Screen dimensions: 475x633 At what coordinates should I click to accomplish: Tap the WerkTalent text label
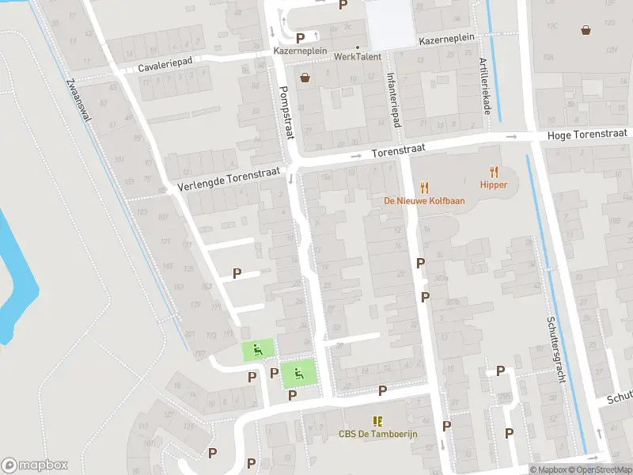pyautogui.click(x=357, y=57)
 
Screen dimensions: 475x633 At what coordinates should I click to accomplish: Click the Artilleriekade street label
pyautogui.click(x=483, y=87)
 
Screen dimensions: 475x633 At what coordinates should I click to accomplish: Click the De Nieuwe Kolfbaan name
pyautogui.click(x=424, y=201)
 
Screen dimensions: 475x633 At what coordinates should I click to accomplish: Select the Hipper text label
pyautogui.click(x=493, y=184)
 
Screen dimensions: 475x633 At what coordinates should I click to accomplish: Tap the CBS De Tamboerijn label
pyautogui.click(x=377, y=433)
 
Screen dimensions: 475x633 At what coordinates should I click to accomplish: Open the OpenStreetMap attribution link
pyautogui.click(x=597, y=469)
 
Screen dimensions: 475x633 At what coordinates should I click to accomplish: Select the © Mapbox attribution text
pyautogui.click(x=547, y=469)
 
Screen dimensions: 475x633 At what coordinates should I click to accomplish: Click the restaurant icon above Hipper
pyautogui.click(x=494, y=171)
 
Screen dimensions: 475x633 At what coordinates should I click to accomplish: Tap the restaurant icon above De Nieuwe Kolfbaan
pyautogui.click(x=424, y=188)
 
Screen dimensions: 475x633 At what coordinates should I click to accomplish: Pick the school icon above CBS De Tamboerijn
pyautogui.click(x=377, y=420)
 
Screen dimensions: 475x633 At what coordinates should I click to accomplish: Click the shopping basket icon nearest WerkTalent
pyautogui.click(x=305, y=77)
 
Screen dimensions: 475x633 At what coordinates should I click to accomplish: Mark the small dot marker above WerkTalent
pyautogui.click(x=357, y=47)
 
